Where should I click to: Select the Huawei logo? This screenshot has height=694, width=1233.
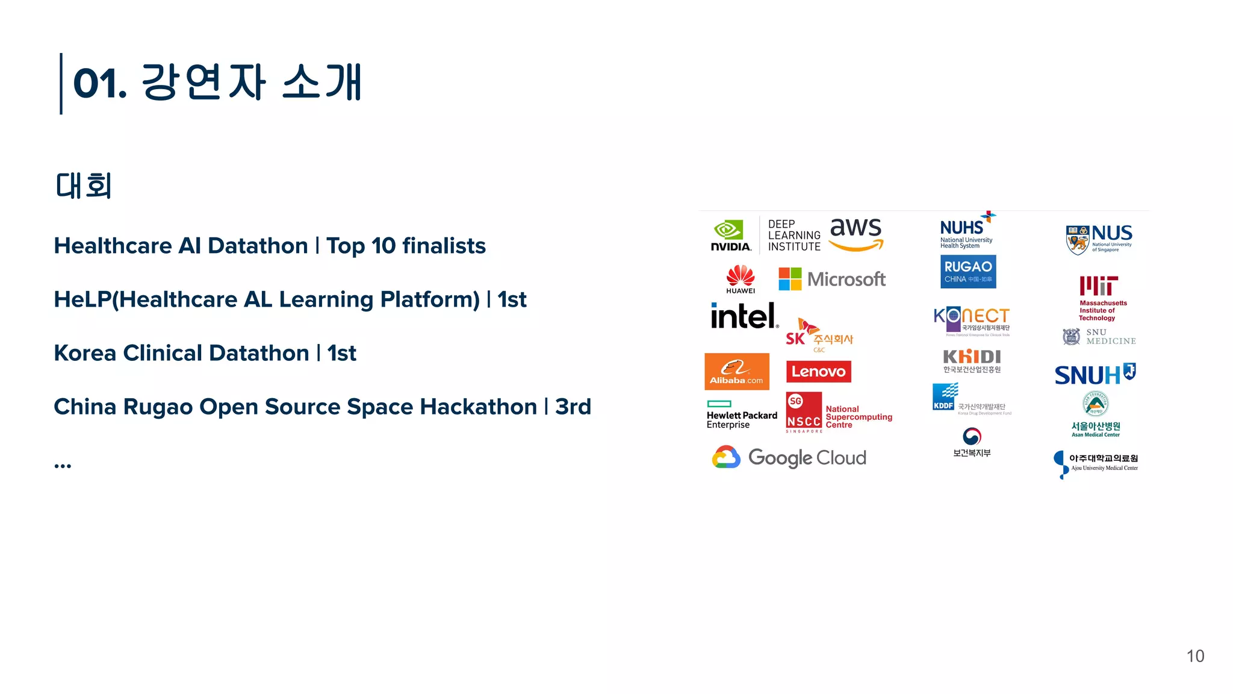coord(741,279)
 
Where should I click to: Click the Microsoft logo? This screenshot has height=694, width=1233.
coord(832,279)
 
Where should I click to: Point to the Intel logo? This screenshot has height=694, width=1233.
coord(744,316)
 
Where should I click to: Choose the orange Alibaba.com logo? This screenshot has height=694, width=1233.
coord(737,371)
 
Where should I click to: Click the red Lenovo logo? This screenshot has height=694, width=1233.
coord(819,372)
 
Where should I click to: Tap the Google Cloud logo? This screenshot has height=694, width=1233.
coord(789,458)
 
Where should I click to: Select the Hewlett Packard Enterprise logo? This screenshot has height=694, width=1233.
coord(742,415)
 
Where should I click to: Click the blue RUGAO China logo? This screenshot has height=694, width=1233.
coord(968,272)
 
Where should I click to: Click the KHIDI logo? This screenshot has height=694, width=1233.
coord(972,361)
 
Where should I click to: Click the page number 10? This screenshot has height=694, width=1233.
coord(1195,656)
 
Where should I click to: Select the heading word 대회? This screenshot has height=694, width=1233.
coord(84,186)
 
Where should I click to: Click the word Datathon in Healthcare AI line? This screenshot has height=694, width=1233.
coord(258,246)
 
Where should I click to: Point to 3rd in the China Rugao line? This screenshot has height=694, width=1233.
coord(573,407)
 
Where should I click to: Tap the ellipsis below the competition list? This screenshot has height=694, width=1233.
coord(63,466)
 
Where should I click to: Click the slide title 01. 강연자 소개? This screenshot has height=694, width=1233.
coord(217,83)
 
